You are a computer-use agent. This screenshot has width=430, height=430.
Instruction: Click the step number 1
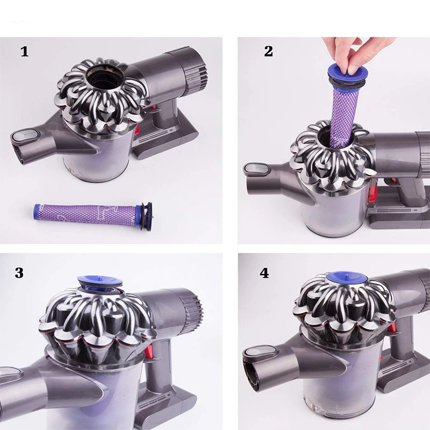25,52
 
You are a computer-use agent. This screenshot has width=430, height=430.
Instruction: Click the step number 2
268,51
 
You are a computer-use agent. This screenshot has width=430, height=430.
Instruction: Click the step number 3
19,273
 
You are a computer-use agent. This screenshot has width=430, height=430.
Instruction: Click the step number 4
264,273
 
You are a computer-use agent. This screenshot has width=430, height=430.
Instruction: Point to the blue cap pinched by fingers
343,75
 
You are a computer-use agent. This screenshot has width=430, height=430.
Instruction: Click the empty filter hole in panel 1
102,77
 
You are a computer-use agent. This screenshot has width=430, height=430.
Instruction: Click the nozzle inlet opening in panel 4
254,375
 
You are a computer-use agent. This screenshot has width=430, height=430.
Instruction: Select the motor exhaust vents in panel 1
197,74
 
